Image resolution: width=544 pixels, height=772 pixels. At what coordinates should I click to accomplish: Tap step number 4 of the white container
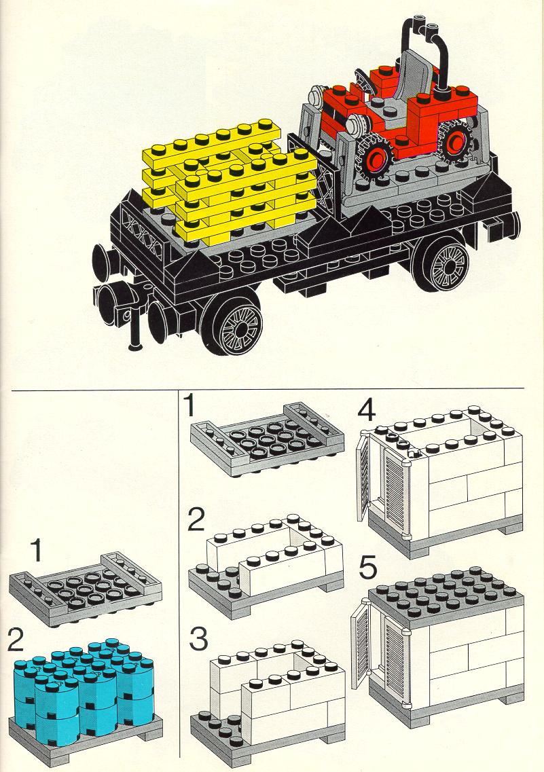367,411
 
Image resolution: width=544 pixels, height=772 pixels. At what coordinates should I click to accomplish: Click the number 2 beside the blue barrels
16,640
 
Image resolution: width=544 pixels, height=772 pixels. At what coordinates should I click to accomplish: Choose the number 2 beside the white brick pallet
196,520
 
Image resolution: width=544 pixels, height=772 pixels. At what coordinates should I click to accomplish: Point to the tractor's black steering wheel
365,81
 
